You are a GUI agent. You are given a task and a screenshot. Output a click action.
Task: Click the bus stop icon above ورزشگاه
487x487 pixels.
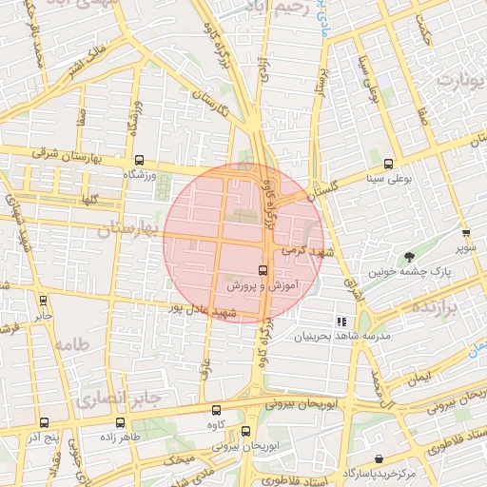(x=140, y=161)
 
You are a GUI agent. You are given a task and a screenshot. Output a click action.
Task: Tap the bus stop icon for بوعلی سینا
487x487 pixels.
(x=388, y=162)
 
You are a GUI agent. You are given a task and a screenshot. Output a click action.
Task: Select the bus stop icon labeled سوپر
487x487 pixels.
(x=465, y=233)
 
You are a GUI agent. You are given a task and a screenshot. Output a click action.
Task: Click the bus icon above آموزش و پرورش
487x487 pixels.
(x=263, y=269)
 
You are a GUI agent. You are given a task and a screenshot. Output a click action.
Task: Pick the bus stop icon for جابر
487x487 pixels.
(x=43, y=302)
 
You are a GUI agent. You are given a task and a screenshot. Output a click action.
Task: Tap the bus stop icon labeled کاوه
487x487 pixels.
(x=215, y=411)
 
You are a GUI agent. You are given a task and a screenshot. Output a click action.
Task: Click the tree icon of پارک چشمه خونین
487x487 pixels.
(x=409, y=256)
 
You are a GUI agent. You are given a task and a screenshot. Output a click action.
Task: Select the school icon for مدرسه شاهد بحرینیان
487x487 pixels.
(x=341, y=321)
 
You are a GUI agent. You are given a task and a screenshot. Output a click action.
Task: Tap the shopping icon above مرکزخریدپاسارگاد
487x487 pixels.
(x=379, y=459)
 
